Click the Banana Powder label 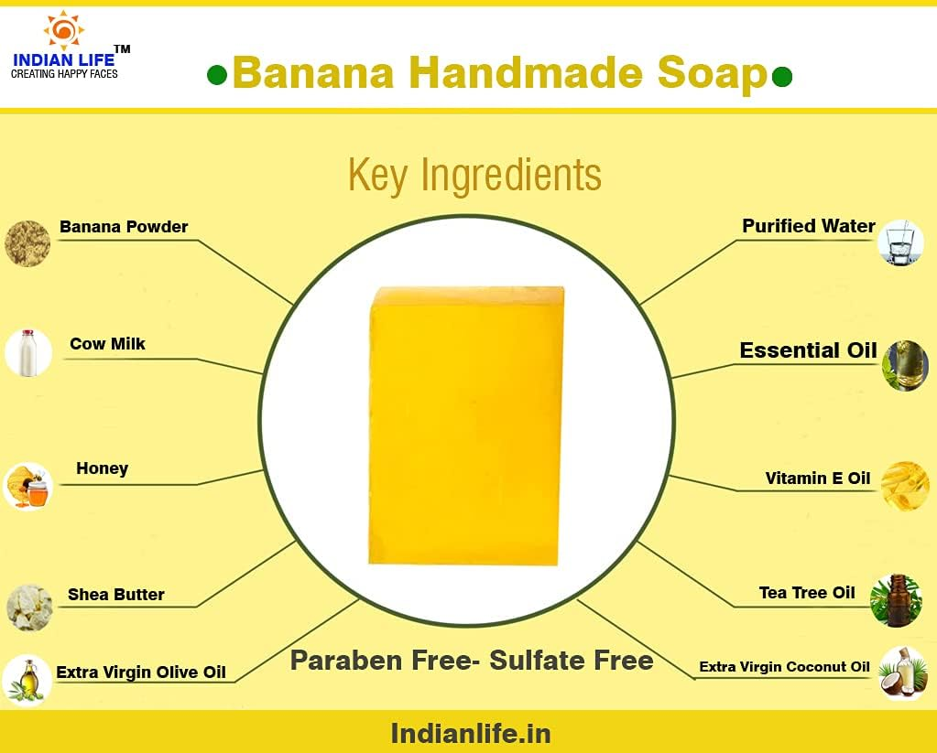[x=124, y=227]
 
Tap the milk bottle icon [x=27, y=353]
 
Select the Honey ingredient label [x=102, y=468]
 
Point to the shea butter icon [x=29, y=607]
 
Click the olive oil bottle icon [x=27, y=680]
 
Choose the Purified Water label [x=808, y=226]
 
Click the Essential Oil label [x=808, y=350]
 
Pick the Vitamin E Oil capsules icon [x=905, y=485]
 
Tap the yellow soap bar [x=467, y=425]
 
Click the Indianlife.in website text [x=471, y=733]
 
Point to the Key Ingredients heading [x=474, y=174]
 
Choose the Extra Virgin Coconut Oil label [x=784, y=667]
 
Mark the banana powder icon [x=27, y=243]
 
